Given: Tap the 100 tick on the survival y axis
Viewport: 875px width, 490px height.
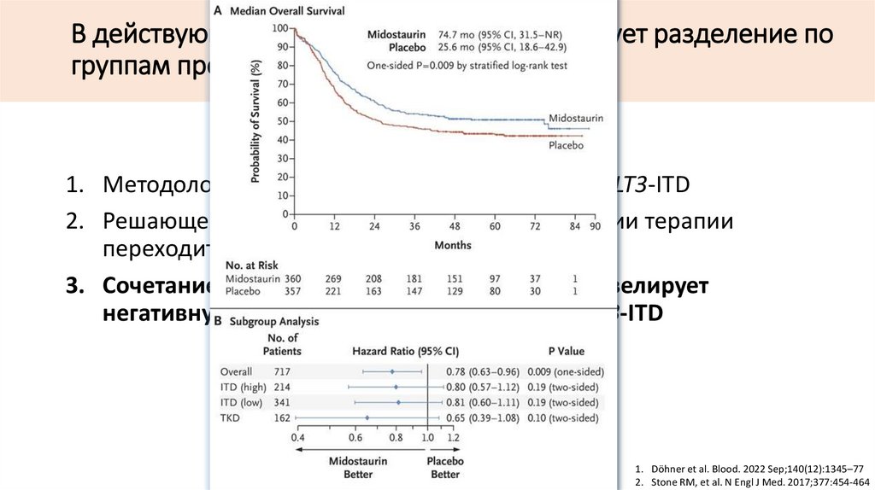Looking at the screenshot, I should point(279,28).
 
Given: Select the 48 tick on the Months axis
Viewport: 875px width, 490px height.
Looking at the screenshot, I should point(454,227).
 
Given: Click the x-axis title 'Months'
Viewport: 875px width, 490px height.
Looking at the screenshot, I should point(452,246).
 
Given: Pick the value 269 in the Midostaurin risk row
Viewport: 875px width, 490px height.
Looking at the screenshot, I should point(334,278).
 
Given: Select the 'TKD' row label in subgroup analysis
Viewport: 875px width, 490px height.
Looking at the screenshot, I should point(232,417).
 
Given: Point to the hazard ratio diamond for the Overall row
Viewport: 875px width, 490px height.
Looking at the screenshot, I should point(392,371).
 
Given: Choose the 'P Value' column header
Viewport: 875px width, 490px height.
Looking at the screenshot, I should point(567,350).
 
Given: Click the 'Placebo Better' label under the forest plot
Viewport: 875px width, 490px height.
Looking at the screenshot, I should point(444,467).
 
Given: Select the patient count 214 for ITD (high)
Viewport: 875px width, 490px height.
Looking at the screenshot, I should point(281,387).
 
